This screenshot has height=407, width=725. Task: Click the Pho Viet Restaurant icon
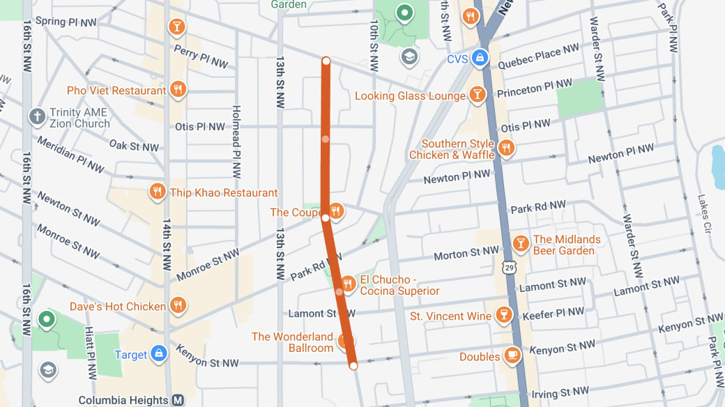(178, 90)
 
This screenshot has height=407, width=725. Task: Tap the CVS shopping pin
(479, 59)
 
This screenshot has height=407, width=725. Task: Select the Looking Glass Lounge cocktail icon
(477, 95)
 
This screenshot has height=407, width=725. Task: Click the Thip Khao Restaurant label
(224, 193)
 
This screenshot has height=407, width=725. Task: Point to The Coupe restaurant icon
(336, 211)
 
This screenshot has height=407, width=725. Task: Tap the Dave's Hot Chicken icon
(178, 305)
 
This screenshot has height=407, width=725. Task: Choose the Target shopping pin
(159, 354)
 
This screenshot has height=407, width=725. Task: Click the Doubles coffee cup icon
(512, 355)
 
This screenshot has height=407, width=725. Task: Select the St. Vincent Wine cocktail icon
(503, 316)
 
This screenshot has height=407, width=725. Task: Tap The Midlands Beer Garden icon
(520, 243)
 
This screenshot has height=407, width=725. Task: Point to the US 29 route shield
(510, 267)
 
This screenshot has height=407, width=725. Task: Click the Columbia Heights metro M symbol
(178, 401)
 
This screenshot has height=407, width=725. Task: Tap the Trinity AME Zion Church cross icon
(37, 116)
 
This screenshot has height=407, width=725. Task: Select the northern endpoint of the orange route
(326, 61)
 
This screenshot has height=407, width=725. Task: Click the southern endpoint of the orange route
(353, 365)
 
